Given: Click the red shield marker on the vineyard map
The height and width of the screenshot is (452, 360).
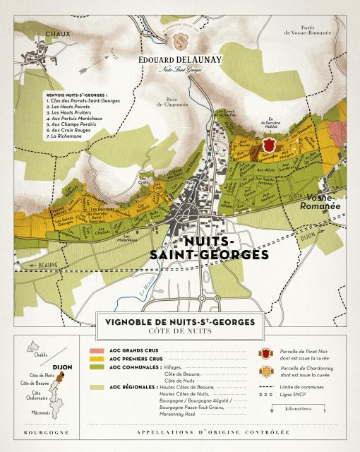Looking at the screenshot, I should pyautogui.click(x=268, y=144).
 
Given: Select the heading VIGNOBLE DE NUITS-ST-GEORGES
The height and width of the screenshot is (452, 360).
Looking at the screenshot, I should pyautogui.click(x=179, y=321).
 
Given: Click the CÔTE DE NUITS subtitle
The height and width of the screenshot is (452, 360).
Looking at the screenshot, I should pyautogui.click(x=179, y=331).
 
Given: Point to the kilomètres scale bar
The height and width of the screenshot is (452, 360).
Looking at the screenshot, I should pyautogui.click(x=317, y=408).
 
